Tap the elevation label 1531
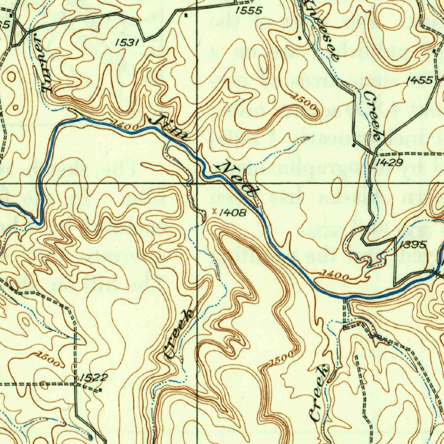pos(127,42)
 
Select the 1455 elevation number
pos(419,80)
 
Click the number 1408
pos(233,212)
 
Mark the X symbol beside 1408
pos(214,212)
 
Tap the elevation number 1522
pos(94,377)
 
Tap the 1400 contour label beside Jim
pos(125,126)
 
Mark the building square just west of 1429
pos(354,144)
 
